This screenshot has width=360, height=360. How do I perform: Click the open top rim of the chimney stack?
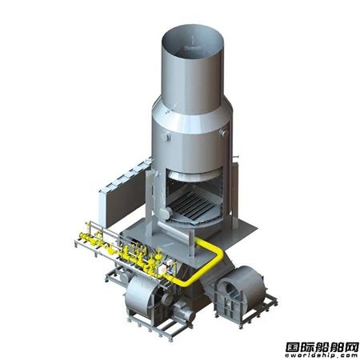(x=193, y=26)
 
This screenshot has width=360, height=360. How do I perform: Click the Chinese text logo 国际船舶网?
(x=322, y=347)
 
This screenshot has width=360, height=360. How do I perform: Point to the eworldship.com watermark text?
(x=322, y=356)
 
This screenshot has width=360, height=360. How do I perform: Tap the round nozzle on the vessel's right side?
(x=223, y=133)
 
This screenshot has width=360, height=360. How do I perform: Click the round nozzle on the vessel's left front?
(x=167, y=137)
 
